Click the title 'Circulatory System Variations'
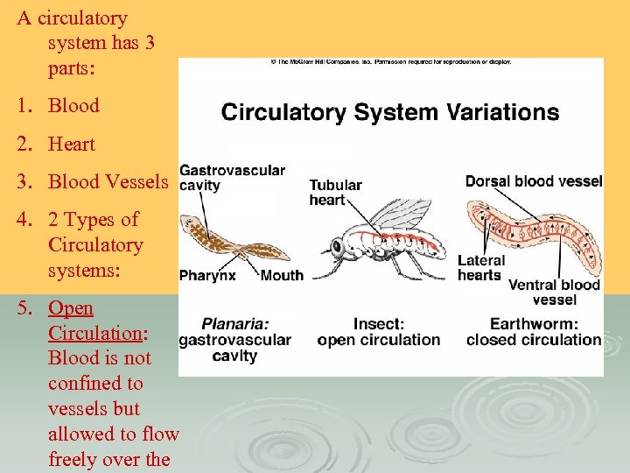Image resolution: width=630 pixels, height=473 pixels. pyautogui.click(x=390, y=112)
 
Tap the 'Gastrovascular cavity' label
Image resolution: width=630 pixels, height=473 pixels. pyautogui.click(x=232, y=178)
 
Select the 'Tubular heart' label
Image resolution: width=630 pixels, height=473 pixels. pyautogui.click(x=335, y=193)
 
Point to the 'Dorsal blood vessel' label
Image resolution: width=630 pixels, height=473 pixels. pyautogui.click(x=534, y=181)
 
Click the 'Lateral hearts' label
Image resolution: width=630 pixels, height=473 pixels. pyautogui.click(x=480, y=268)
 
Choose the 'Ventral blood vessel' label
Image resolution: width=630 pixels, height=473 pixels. pyautogui.click(x=554, y=292)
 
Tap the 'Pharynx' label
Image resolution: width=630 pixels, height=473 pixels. pyautogui.click(x=207, y=275)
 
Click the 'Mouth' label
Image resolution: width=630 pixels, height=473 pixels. pyautogui.click(x=282, y=275)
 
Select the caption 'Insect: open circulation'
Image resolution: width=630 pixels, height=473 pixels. pyautogui.click(x=378, y=332)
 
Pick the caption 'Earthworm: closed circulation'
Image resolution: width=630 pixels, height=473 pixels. pyautogui.click(x=533, y=332)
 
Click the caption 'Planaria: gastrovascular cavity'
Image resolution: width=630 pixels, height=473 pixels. pyautogui.click(x=234, y=339)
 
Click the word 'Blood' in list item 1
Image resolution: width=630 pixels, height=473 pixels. pyautogui.click(x=73, y=105)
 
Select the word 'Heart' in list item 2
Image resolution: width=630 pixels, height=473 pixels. pyautogui.click(x=72, y=144)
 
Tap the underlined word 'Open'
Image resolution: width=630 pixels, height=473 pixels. pyautogui.click(x=71, y=308)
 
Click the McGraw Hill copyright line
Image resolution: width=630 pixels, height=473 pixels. pyautogui.click(x=390, y=62)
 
